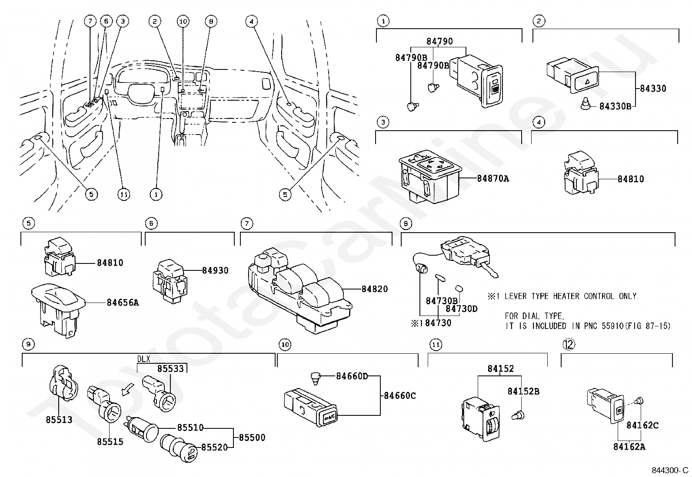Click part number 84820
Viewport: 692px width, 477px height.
click(x=375, y=289)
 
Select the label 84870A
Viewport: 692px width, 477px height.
click(x=492, y=178)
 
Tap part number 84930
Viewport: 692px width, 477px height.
click(x=215, y=270)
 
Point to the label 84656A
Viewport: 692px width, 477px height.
click(x=123, y=303)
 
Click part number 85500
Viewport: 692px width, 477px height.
click(x=252, y=438)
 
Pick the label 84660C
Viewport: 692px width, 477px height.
click(x=399, y=396)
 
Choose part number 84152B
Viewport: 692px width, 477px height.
click(x=523, y=391)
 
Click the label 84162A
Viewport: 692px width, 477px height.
click(x=629, y=447)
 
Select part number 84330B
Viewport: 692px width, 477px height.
click(x=615, y=106)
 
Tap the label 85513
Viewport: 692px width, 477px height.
click(x=59, y=420)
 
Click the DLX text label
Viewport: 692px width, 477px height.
click(x=143, y=359)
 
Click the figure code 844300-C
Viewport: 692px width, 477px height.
click(x=670, y=470)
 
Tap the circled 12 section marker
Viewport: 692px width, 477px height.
click(x=569, y=344)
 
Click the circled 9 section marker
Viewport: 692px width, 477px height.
click(x=27, y=345)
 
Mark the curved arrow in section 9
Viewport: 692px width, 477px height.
click(x=128, y=390)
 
